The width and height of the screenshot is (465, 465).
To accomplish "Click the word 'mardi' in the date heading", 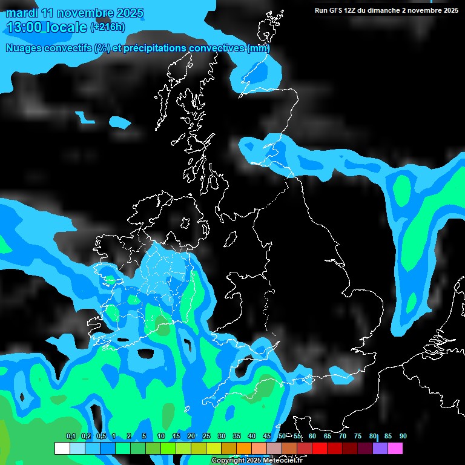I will coord(22,13).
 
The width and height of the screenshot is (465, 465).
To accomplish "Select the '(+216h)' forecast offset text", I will coord(108,27).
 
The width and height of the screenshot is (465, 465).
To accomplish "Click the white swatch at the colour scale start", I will coord(62,449).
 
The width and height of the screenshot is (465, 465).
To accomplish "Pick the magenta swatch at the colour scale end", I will coord(395,449).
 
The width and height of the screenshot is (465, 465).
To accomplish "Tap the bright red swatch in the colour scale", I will coord(319,449).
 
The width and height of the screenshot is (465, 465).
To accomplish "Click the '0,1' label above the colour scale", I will coord(70,437).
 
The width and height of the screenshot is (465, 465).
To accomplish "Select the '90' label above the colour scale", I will coord(403,437).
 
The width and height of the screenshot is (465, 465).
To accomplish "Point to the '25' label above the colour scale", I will coord(206,437).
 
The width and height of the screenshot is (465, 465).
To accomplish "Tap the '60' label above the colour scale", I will coord(312,437).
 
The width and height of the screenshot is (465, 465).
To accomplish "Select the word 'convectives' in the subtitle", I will coord(216,48).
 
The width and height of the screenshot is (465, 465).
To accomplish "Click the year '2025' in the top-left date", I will coord(130,13).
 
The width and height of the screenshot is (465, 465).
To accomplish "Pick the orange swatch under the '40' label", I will coord(243,449).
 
